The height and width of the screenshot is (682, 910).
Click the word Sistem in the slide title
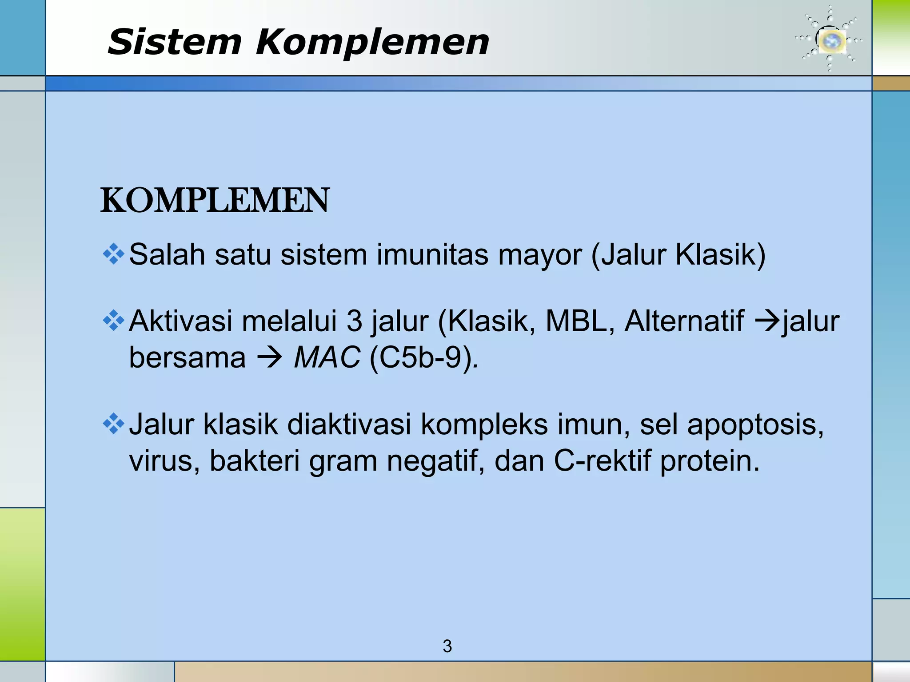click(x=174, y=42)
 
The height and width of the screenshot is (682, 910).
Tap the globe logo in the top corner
click(x=829, y=40)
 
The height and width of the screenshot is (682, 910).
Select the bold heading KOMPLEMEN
click(x=215, y=201)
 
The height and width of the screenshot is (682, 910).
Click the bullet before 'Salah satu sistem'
click(x=113, y=254)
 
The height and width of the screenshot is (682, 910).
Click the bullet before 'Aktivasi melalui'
click(x=113, y=321)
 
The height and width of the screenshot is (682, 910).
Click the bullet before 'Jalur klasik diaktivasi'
click(x=113, y=424)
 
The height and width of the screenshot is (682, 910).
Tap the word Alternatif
click(x=684, y=321)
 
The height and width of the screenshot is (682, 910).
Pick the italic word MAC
click(x=327, y=357)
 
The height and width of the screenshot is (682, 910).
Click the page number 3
click(x=447, y=646)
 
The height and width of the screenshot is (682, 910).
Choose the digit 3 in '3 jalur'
click(x=354, y=321)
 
